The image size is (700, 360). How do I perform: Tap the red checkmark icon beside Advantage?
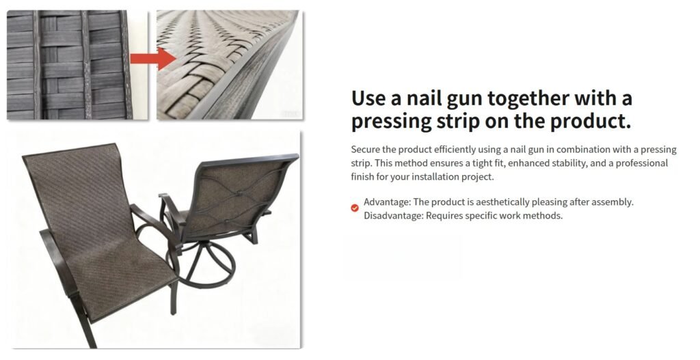[x=355, y=208]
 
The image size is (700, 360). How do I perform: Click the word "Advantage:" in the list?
[x=387, y=202]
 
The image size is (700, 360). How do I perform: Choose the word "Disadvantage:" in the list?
[x=393, y=216]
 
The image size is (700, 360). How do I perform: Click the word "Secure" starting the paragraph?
[x=365, y=150]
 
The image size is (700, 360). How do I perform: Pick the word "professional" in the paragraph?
[x=642, y=163]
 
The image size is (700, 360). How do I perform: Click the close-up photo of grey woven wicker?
[x=78, y=65]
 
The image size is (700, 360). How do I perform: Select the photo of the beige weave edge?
[x=230, y=65]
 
